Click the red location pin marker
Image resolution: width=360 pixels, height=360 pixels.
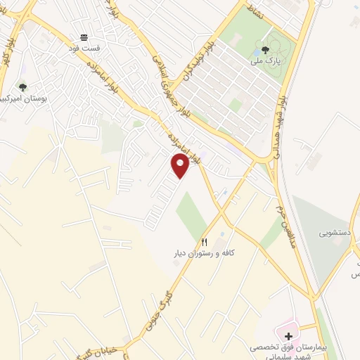point(180,165)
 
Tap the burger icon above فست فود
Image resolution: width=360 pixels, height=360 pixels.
point(84,37)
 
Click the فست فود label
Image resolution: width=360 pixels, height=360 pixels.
point(84,48)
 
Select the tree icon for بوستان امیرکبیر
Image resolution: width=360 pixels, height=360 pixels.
point(22,87)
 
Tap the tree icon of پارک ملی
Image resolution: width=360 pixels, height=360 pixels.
point(265,50)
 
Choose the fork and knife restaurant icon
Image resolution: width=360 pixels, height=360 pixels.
point(205,242)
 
